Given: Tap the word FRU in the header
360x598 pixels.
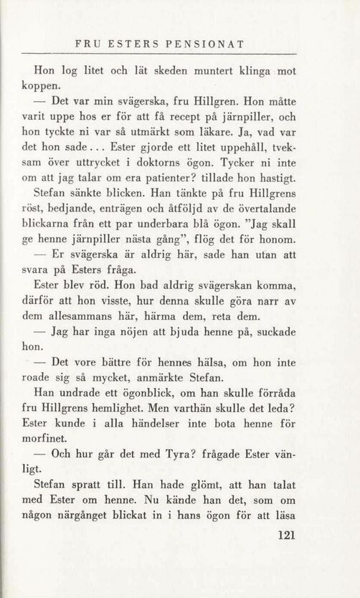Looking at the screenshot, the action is click(90, 44).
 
